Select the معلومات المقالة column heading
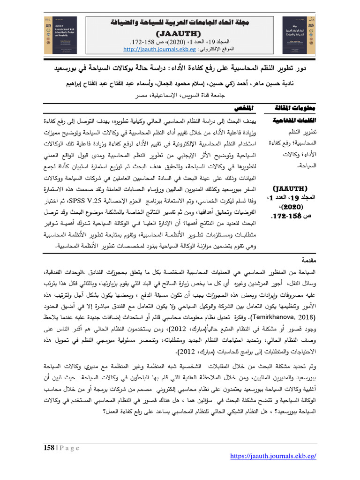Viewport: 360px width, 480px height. [290, 108]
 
